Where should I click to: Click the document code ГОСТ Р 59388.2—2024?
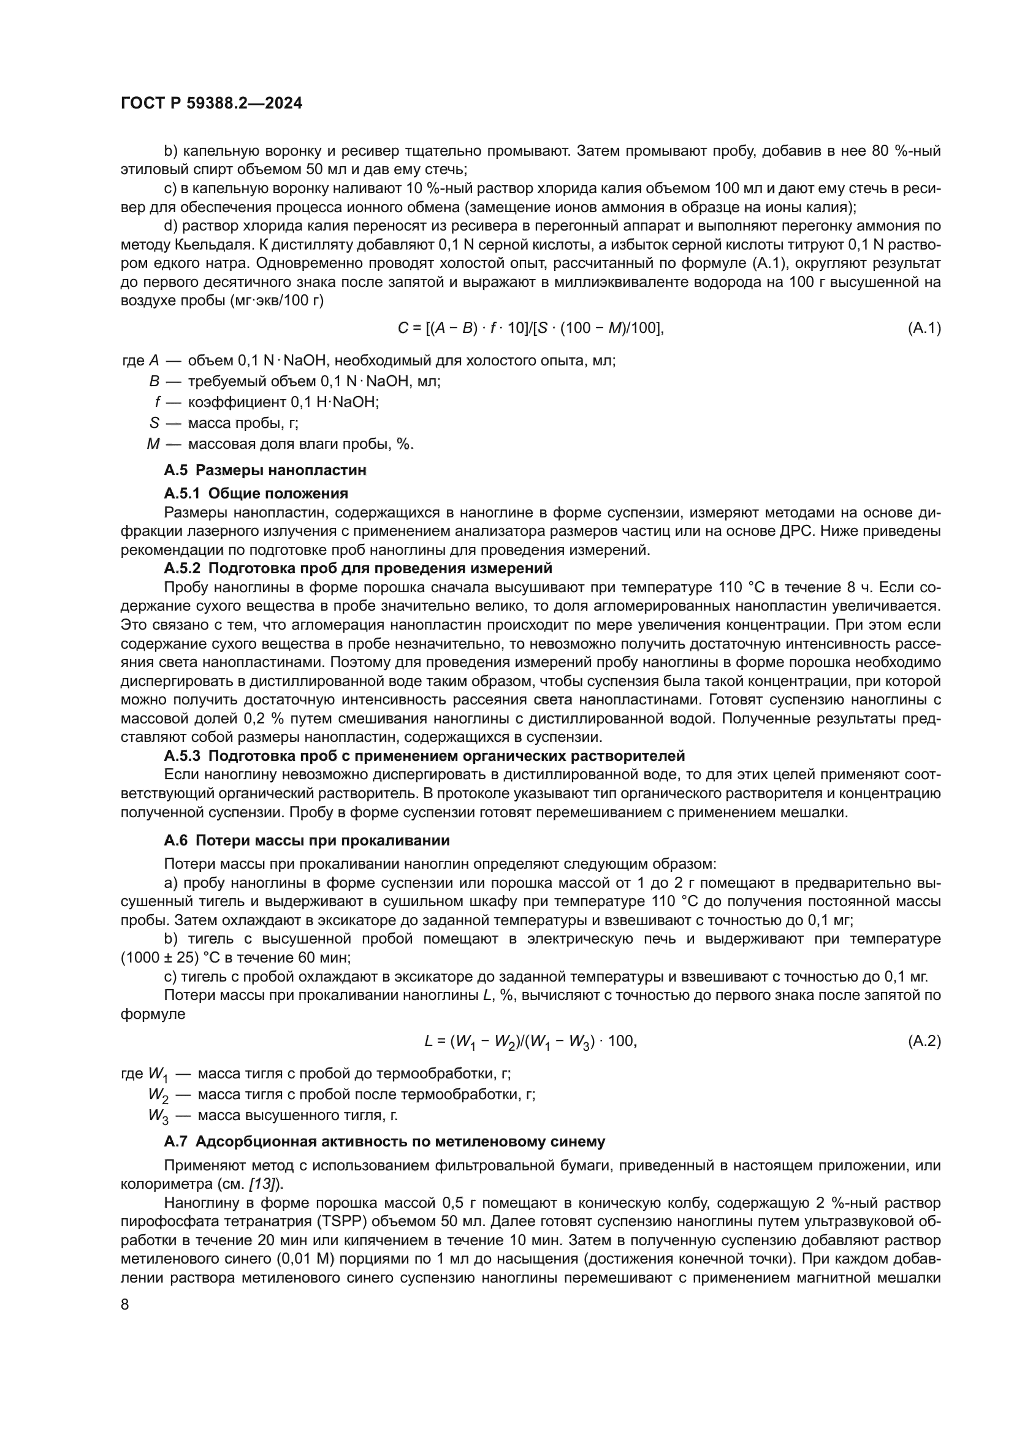(x=211, y=104)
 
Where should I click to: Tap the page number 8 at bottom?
(x=125, y=1305)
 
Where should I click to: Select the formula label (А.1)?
(x=923, y=327)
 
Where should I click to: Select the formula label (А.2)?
(x=923, y=1041)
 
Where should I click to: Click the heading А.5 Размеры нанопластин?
(x=265, y=470)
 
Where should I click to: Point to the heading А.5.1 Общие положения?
(x=256, y=494)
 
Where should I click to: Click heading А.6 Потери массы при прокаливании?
(x=307, y=841)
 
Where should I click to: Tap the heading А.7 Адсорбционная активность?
(x=384, y=1142)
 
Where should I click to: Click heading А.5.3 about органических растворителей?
(x=424, y=756)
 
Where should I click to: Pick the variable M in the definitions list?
(x=153, y=444)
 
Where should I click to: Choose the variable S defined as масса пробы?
(x=154, y=423)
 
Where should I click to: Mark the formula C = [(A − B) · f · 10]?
(x=531, y=327)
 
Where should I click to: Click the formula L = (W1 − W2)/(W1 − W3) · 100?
(x=530, y=1041)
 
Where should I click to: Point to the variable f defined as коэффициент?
(x=158, y=402)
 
